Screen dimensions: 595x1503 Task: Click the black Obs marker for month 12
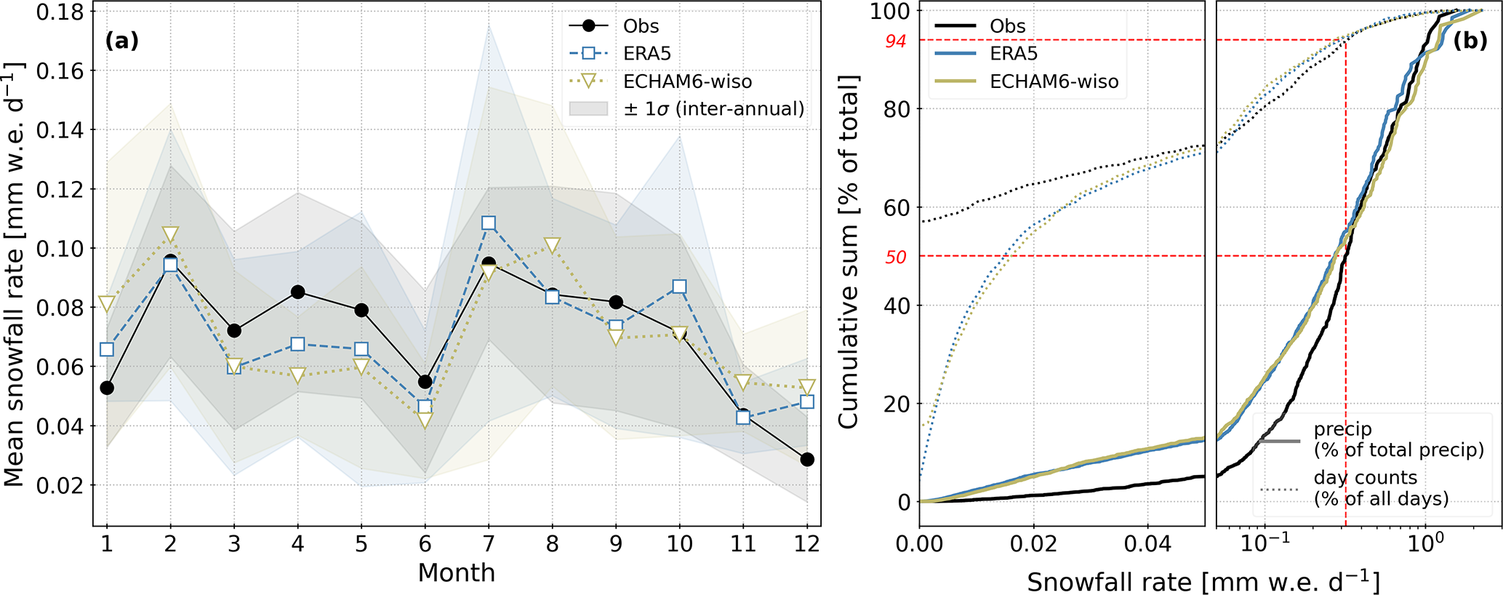pyautogui.click(x=806, y=460)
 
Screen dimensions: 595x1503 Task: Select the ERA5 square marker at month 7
pyautogui.click(x=489, y=223)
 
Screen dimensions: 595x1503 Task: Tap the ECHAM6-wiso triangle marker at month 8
pyautogui.click(x=552, y=245)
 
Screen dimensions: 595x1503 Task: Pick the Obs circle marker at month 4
pyautogui.click(x=297, y=292)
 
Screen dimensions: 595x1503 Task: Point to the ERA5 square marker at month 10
pyautogui.click(x=679, y=287)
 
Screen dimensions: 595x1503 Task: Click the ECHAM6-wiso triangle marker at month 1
pyautogui.click(x=107, y=303)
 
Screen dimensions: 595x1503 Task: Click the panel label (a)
pyautogui.click(x=121, y=41)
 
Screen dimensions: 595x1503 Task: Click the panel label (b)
pyautogui.click(x=1470, y=41)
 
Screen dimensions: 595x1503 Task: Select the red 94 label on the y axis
pyautogui.click(x=896, y=41)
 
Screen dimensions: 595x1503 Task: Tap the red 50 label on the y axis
pyautogui.click(x=896, y=257)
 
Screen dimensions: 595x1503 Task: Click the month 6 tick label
pyautogui.click(x=425, y=544)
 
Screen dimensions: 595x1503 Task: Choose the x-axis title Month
pyautogui.click(x=456, y=573)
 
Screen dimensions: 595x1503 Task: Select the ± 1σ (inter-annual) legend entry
pyautogui.click(x=713, y=109)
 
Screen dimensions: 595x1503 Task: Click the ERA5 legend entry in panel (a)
pyautogui.click(x=646, y=54)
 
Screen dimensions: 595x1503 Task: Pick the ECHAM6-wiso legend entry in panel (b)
pyautogui.click(x=1054, y=81)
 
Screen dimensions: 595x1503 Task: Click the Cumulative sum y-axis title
pyautogui.click(x=849, y=251)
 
